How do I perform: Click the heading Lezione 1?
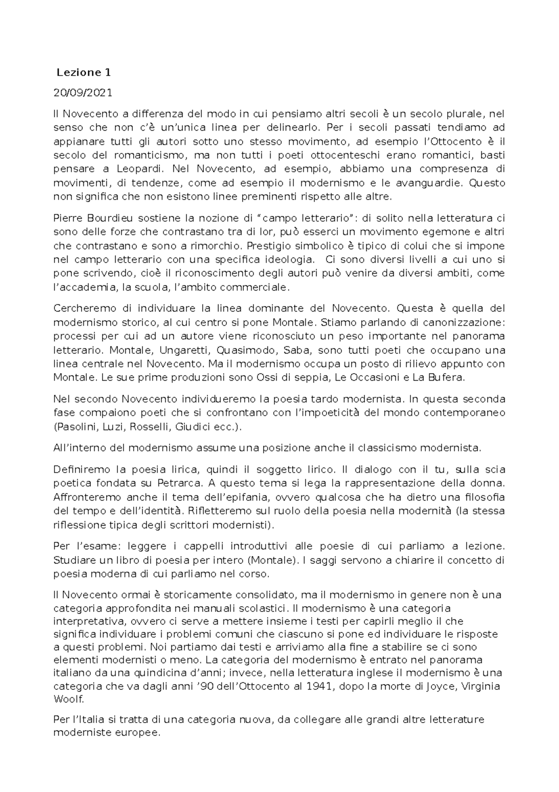tap(84, 73)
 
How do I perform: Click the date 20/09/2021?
tap(83, 93)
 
